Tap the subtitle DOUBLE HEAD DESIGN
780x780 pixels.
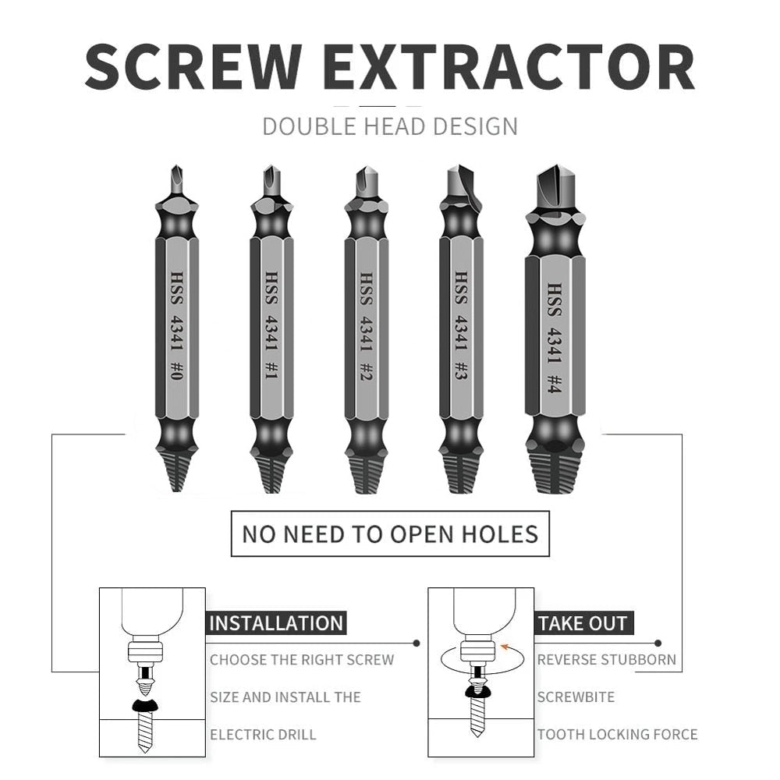pyautogui.click(x=389, y=126)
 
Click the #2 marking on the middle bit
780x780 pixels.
pyautogui.click(x=366, y=370)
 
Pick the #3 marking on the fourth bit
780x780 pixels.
pyautogui.click(x=460, y=370)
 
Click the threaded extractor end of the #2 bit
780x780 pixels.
pyautogui.click(x=366, y=472)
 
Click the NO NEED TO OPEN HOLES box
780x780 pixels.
pyautogui.click(x=389, y=534)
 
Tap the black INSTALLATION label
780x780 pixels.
pyautogui.click(x=276, y=623)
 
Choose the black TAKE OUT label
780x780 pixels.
pyautogui.click(x=582, y=623)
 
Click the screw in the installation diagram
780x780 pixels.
pyautogui.click(x=144, y=729)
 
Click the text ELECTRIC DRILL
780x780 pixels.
pyautogui.click(x=263, y=734)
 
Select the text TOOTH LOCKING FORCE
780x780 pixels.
pyautogui.click(x=617, y=734)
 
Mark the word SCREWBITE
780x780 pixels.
pyautogui.click(x=576, y=697)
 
